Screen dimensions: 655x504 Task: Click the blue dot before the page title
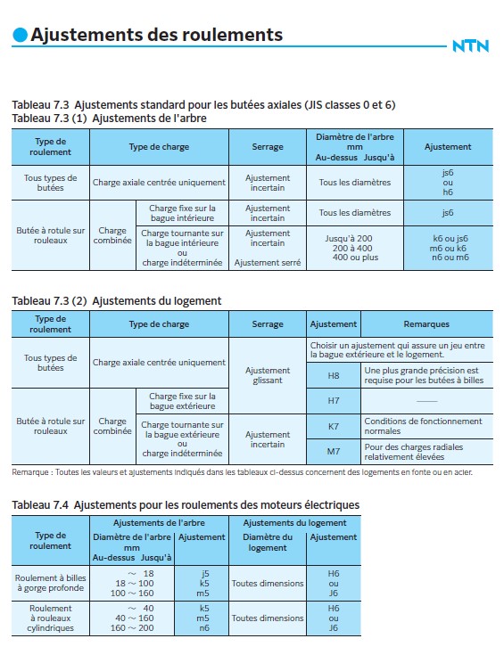20,35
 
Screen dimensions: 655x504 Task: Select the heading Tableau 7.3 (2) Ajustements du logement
116,301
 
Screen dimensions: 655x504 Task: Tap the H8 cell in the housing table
334,375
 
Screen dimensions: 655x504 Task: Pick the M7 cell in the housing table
334,451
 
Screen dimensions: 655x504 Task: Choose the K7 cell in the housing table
334,426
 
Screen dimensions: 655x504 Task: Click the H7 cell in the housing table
334,400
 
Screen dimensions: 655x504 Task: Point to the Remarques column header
426,324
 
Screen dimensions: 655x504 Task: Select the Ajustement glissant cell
268,375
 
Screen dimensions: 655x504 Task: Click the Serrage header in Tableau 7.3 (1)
268,147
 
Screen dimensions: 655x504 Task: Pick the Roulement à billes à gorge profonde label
51,584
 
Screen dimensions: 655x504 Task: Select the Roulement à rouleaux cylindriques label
51,618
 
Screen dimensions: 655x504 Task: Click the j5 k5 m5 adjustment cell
204,584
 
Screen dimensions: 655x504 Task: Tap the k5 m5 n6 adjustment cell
204,618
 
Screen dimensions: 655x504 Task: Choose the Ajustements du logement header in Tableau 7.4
295,523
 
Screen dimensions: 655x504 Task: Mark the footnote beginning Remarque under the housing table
242,471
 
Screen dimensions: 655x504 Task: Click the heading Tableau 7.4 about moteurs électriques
186,505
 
